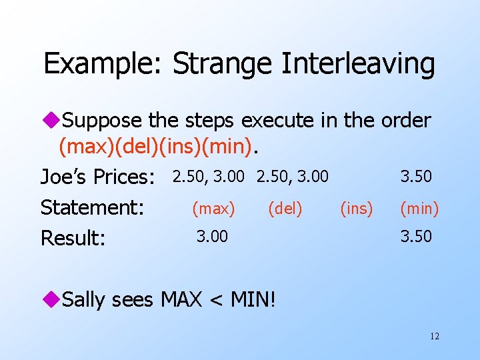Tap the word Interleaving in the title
coord(359,65)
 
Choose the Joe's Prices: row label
coord(97,177)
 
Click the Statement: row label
coord(93,207)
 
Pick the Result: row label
coord(73,238)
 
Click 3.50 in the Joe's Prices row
coord(416,177)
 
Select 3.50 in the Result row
coord(416,236)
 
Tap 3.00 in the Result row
coord(212,236)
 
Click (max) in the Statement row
coord(213,209)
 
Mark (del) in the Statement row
coord(285,209)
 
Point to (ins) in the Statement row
coord(357,209)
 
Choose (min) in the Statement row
coord(419,209)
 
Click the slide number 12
coord(435,336)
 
